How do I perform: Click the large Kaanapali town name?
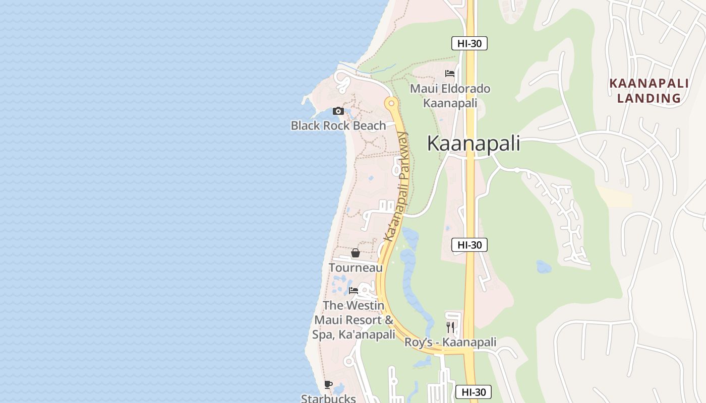coord(474,144)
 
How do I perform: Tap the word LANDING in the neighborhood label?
coord(649,98)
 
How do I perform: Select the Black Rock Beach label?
coord(338,125)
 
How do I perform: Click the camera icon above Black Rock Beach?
coord(338,111)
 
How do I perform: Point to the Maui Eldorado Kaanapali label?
coord(450,96)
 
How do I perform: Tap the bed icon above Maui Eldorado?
coord(450,74)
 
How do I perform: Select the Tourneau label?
coord(356,267)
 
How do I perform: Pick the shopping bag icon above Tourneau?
coord(356,253)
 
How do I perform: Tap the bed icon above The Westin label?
coord(354,291)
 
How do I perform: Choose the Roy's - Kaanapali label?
coord(450,343)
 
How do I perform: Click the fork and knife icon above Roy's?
coord(450,327)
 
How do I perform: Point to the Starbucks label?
coord(328,398)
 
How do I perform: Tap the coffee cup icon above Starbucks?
coord(328,385)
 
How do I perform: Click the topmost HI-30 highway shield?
coord(469,43)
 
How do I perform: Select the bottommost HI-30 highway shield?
coord(473,392)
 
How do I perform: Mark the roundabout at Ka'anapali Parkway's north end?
coord(391,103)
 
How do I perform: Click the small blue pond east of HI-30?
coord(544,266)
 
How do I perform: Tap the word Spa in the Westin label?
coord(323,334)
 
